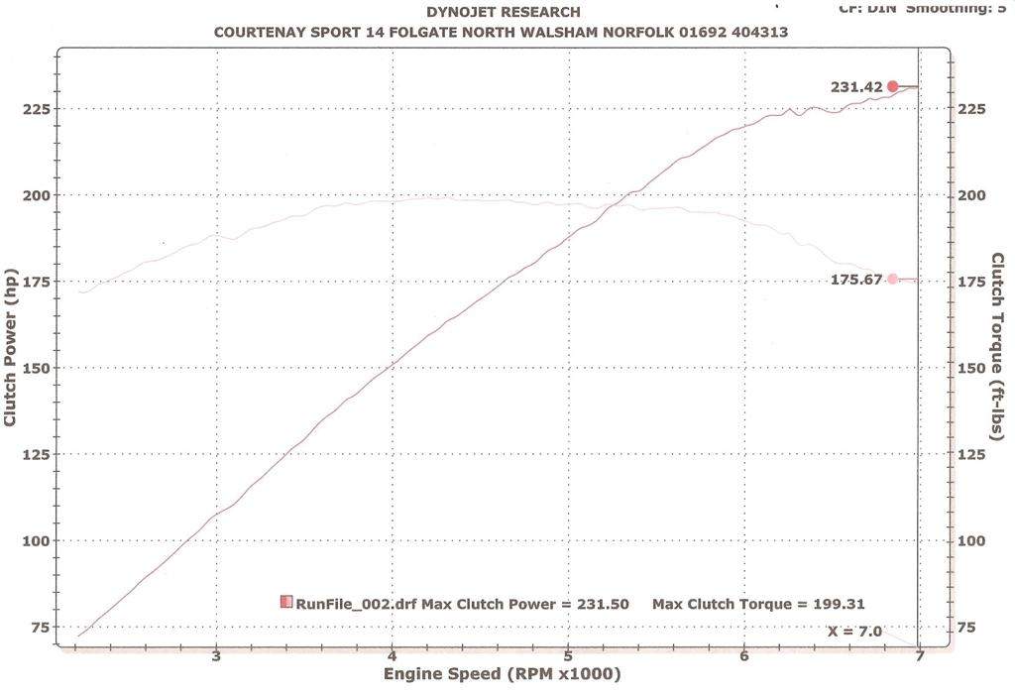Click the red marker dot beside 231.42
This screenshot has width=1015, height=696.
[x=892, y=86]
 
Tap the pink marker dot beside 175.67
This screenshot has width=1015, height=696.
[x=892, y=279]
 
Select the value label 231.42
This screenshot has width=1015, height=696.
[x=856, y=87]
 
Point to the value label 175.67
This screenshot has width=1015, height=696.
[x=856, y=280]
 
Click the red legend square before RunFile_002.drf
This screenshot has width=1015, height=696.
[x=286, y=602]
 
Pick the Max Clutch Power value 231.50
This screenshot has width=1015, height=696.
[x=597, y=604]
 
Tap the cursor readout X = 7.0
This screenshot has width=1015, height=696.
[x=854, y=631]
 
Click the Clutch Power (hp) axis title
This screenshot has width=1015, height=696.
[x=11, y=348]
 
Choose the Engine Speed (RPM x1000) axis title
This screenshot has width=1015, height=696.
[x=502, y=675]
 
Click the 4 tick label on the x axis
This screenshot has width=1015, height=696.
[x=393, y=654]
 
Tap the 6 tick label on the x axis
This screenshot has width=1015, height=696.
[x=743, y=654]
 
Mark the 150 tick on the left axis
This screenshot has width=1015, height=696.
[x=37, y=368]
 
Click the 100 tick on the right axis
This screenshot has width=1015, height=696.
[x=972, y=540]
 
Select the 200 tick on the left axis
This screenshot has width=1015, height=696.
[x=37, y=195]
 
